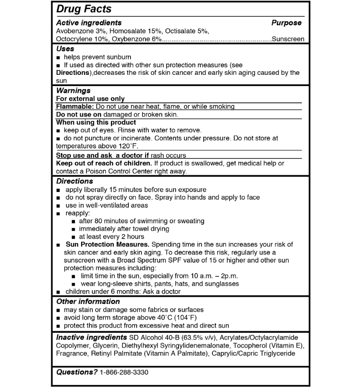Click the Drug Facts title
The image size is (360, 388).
click(x=84, y=9)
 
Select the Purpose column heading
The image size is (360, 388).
click(x=286, y=23)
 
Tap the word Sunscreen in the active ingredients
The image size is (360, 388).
click(x=288, y=39)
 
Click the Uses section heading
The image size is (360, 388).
click(x=65, y=48)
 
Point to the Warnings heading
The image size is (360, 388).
click(x=73, y=90)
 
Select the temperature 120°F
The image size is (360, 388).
click(x=126, y=146)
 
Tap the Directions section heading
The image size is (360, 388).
click(x=74, y=181)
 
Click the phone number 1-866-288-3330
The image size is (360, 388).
click(x=124, y=372)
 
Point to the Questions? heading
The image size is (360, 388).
click(x=77, y=372)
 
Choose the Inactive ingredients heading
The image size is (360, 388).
click(x=92, y=337)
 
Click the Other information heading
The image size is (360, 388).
click(x=88, y=301)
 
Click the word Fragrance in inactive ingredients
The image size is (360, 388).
click(x=71, y=354)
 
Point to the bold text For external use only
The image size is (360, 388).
click(x=90, y=99)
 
